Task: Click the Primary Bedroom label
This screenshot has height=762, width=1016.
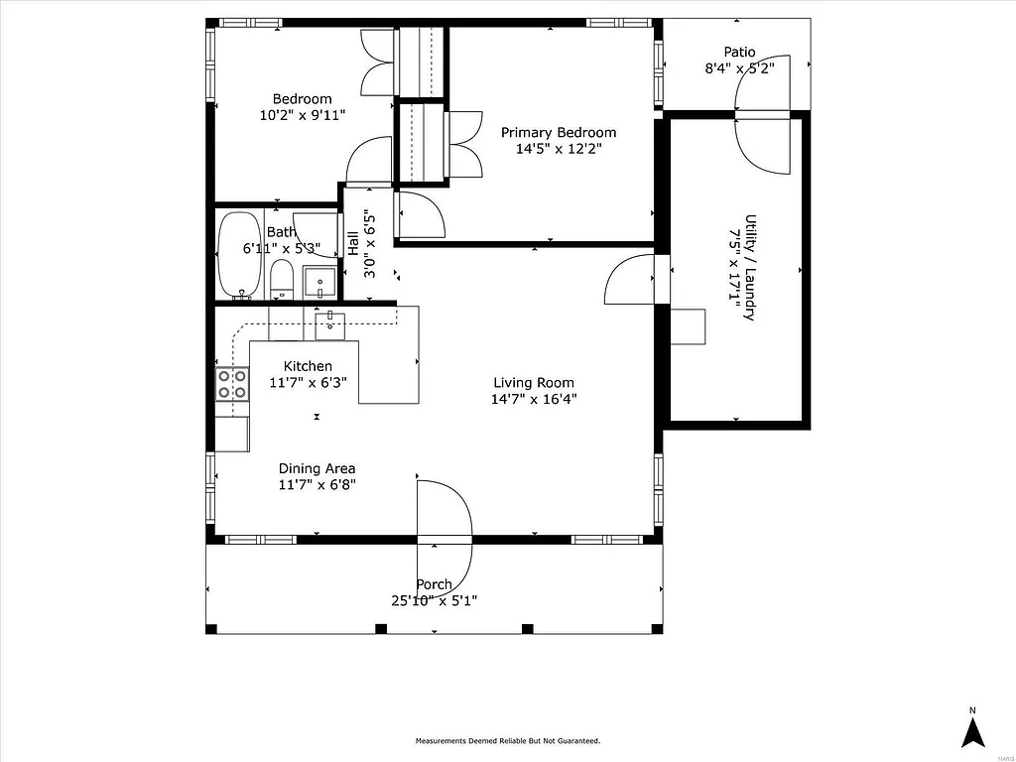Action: (558, 132)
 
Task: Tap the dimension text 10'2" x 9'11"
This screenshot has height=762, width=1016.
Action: (302, 115)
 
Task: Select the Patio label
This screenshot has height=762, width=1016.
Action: (738, 53)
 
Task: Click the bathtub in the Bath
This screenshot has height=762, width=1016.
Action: (238, 255)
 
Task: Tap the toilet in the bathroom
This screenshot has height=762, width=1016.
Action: (282, 280)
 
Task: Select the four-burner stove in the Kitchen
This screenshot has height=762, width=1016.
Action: (232, 384)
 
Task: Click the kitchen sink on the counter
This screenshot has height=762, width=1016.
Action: (330, 320)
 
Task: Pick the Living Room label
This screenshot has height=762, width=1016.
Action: (534, 383)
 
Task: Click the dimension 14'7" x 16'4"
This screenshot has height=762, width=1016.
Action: (534, 399)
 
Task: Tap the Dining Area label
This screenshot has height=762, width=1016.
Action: (317, 469)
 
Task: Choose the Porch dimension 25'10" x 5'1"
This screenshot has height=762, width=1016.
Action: (434, 600)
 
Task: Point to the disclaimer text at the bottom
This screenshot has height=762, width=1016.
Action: (507, 741)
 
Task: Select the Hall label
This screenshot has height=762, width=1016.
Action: (353, 243)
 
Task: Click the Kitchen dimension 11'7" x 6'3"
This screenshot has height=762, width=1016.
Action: (308, 382)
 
